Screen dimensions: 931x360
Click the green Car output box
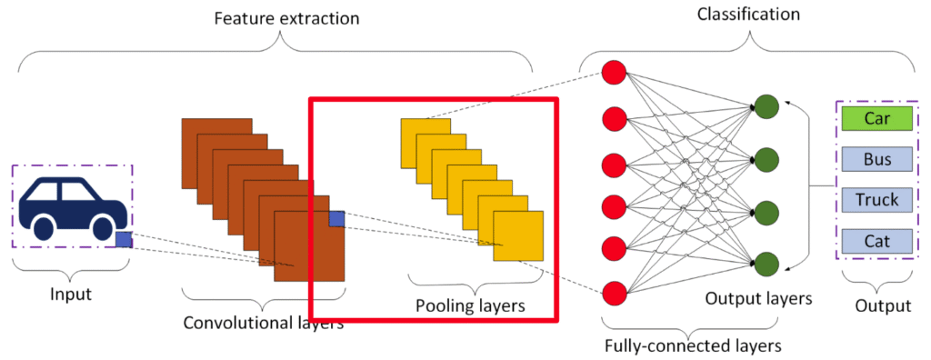[x=876, y=118]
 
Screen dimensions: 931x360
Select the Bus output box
[x=876, y=159]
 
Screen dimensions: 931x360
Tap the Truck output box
[x=876, y=200]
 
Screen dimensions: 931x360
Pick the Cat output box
[x=876, y=241]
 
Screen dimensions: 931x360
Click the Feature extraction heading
[x=286, y=18]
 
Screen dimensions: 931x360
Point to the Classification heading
[x=749, y=15]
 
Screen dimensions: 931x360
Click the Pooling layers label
[x=470, y=306]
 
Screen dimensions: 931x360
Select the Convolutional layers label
[x=264, y=324]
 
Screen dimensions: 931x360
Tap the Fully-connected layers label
[x=692, y=345]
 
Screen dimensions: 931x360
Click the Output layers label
[x=758, y=297]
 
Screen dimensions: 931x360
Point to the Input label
[x=71, y=295]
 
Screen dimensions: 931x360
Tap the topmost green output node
[x=766, y=107]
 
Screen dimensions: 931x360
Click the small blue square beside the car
[x=124, y=240]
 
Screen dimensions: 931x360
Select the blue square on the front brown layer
[x=336, y=218]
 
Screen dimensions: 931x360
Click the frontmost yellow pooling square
[x=518, y=235]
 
